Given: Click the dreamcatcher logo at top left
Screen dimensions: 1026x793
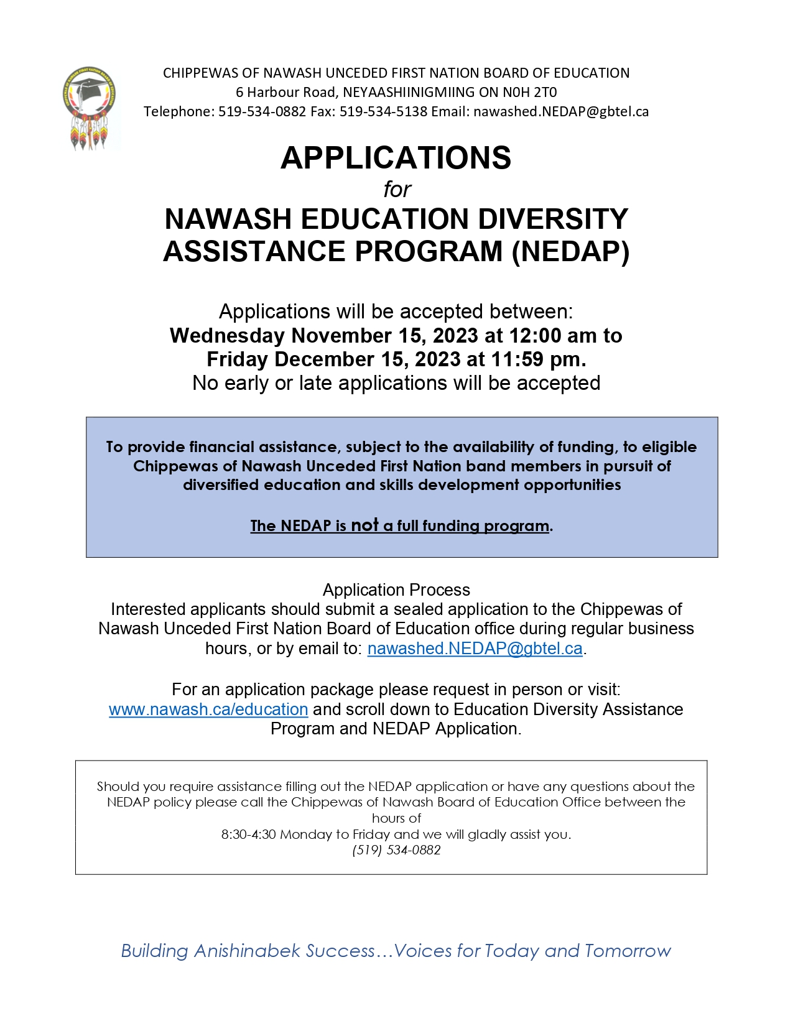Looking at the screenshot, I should tap(90, 108).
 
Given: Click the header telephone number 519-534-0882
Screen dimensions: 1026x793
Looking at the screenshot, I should tap(262, 112).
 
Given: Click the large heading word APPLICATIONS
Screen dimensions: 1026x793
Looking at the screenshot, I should tap(396, 158).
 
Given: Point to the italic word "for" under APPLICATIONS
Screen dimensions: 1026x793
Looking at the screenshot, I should tap(397, 190).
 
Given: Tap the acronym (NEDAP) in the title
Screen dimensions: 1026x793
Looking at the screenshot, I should tap(570, 252).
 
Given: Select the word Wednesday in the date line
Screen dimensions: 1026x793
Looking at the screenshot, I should tap(227, 336).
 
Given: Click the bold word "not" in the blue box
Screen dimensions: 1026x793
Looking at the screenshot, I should tap(364, 525).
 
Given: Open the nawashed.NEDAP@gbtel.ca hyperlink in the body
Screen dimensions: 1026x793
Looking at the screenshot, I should tap(475, 649).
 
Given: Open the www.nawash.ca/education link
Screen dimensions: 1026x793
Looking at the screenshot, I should tap(208, 709).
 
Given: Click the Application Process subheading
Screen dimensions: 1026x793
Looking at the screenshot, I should tap(396, 590).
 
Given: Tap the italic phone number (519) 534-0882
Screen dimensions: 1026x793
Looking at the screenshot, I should tap(396, 850).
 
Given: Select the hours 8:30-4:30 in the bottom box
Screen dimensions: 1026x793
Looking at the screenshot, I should tap(248, 834).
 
